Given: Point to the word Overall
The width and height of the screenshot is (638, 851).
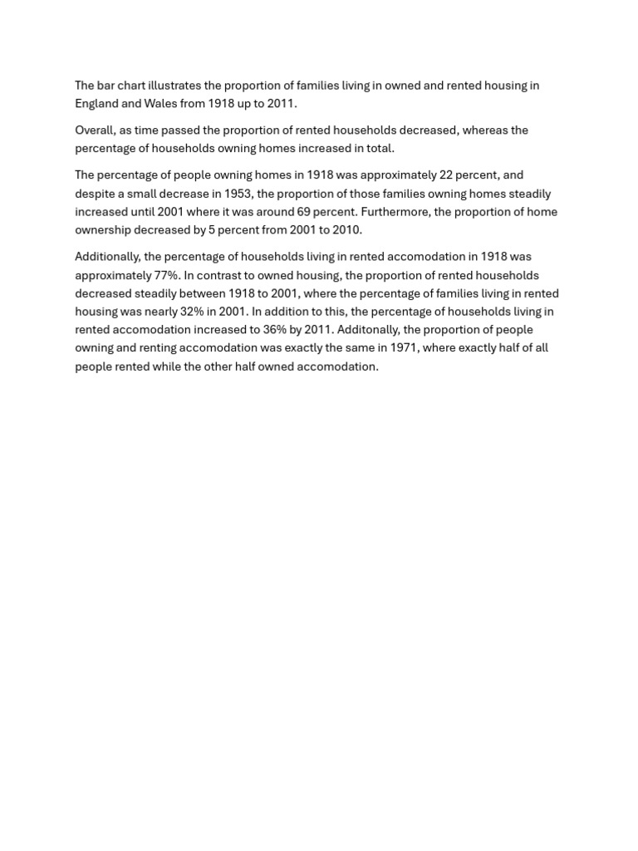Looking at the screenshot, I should (x=95, y=130).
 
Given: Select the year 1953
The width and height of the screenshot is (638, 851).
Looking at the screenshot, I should (x=238, y=194).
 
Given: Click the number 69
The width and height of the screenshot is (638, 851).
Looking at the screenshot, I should (x=304, y=212).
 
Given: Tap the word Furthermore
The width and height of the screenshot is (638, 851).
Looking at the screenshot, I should (x=394, y=212).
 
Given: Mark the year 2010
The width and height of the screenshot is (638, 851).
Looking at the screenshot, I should (x=347, y=230).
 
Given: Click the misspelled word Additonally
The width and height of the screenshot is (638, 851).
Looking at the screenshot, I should (x=368, y=330).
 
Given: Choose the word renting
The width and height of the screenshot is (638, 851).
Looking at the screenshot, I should (x=165, y=348).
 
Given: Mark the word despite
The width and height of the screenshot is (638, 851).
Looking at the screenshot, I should (x=96, y=194).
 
